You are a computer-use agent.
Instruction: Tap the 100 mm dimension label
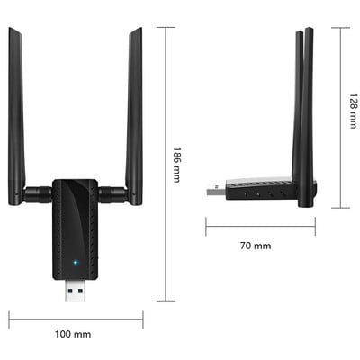[73, 335]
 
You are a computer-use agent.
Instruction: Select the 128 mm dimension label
[354, 114]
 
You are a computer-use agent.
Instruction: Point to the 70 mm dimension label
[256, 246]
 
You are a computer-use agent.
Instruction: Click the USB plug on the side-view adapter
[216, 190]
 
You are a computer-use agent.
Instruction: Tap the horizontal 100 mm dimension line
[76, 316]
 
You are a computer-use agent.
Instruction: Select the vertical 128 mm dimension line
[339, 117]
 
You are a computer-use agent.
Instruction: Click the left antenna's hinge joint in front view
[39, 192]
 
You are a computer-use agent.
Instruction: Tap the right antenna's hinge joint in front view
[112, 192]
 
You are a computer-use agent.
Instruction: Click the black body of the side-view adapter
[261, 189]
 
